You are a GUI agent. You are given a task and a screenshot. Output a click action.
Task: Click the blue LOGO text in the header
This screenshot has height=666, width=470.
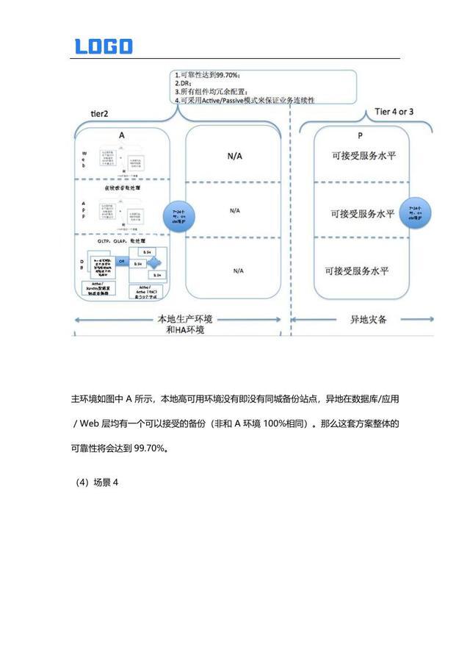(x=104, y=46)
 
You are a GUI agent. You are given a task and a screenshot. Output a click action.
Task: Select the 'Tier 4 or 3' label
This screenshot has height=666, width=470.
(x=394, y=111)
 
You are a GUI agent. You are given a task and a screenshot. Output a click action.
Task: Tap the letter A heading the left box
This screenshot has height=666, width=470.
(x=121, y=135)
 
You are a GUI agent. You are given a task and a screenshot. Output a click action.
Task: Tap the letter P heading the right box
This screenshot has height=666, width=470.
(x=360, y=136)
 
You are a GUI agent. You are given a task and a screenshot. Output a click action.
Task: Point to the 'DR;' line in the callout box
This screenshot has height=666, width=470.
(x=184, y=83)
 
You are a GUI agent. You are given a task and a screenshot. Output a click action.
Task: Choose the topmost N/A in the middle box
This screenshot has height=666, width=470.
(x=234, y=156)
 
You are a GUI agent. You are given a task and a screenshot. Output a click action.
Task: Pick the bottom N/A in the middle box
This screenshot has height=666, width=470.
(x=238, y=271)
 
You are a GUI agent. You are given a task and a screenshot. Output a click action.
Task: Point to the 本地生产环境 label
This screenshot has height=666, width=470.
(x=188, y=320)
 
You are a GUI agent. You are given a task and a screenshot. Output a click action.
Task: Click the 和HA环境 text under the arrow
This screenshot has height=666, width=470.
(x=186, y=330)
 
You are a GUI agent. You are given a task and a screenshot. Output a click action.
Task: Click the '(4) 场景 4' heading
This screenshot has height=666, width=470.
(x=97, y=482)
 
